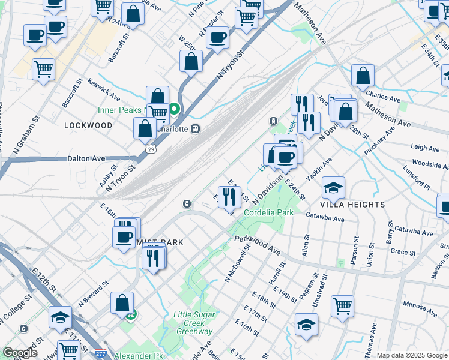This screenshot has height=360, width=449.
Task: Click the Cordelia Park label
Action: coord(268,213)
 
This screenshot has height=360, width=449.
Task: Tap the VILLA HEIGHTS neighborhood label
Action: coord(352,205)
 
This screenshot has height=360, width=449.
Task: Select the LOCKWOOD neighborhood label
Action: coord(88,125)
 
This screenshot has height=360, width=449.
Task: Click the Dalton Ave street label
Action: coord(85,158)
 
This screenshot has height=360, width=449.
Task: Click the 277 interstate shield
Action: coord(101,356)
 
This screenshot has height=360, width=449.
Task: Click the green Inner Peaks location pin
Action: coord(174,109)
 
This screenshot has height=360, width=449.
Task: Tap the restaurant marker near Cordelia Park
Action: coord(228,197)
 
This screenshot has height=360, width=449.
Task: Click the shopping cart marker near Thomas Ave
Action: coord(342,306)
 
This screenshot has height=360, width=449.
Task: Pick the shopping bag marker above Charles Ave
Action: coord(363,76)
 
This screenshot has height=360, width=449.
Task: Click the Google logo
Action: coord(20,353)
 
